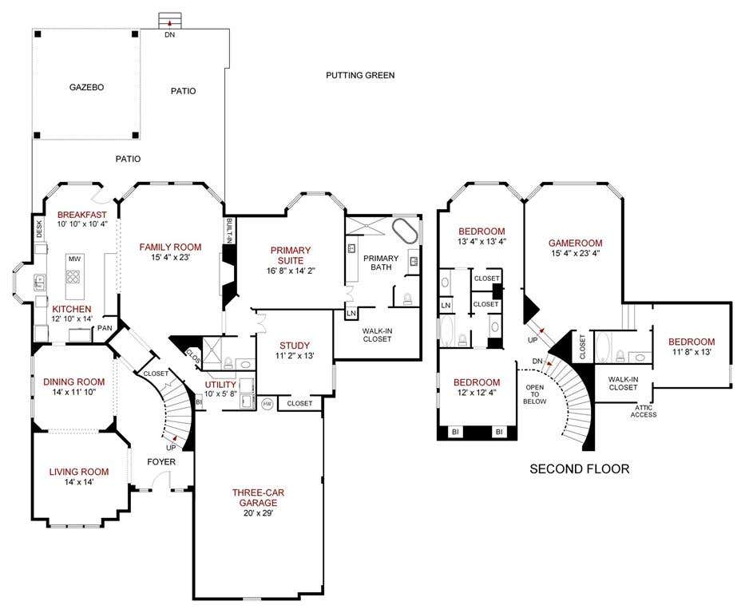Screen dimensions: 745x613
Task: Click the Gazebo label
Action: [86, 87]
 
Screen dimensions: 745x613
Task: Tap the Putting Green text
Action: [360, 75]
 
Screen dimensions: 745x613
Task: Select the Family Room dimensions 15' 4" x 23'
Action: [171, 258]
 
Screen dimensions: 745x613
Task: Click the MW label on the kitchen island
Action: [74, 259]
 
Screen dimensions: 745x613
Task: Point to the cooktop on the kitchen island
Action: [73, 276]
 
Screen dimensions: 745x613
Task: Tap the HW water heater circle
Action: [267, 404]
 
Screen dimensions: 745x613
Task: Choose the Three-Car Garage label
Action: [258, 497]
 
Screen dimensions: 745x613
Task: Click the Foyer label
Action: [161, 462]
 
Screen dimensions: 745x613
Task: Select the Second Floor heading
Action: [579, 469]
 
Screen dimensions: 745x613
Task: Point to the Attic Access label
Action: [644, 411]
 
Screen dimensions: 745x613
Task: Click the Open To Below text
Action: [534, 394]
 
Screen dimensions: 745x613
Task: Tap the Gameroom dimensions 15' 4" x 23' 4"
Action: [576, 254]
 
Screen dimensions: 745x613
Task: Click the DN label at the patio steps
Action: [169, 34]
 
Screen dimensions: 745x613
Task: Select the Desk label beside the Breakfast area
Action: [39, 229]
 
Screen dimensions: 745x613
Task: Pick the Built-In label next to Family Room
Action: [229, 231]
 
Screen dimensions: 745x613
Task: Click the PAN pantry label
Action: [105, 328]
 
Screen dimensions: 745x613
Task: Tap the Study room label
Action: [295, 346]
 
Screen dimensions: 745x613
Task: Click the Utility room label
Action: [220, 385]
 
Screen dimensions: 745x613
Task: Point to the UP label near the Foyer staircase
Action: [171, 448]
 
